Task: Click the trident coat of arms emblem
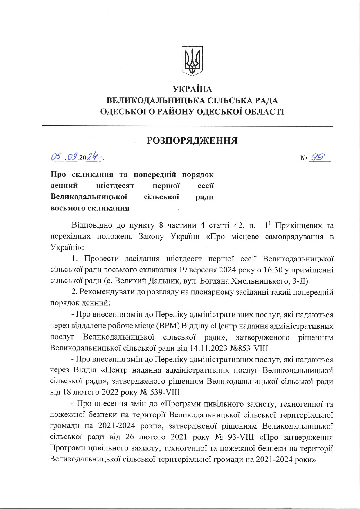click(192, 61)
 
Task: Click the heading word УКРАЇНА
click(192, 89)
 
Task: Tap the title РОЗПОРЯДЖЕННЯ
click(192, 141)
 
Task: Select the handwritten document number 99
click(318, 157)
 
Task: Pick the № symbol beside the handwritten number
click(304, 158)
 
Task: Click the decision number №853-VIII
click(249, 348)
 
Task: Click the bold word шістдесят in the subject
click(115, 185)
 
